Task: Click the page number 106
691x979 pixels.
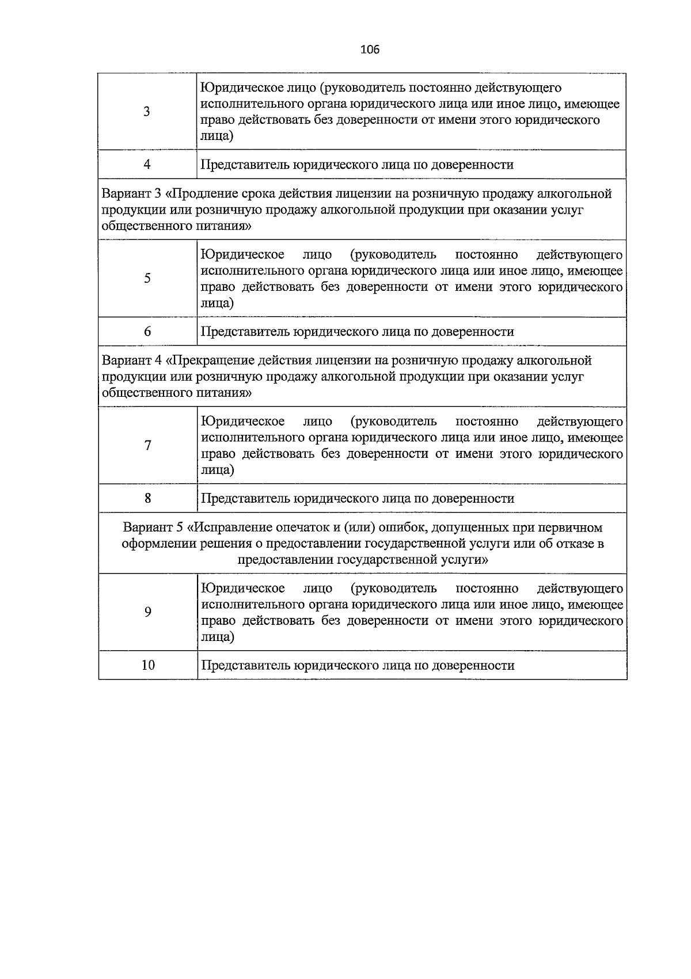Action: (370, 50)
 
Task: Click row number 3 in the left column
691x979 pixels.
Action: (147, 112)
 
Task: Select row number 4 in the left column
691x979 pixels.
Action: (147, 165)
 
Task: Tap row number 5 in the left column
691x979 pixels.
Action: (147, 279)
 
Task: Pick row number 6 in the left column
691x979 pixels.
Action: (147, 332)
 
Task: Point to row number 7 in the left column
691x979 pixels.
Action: (147, 446)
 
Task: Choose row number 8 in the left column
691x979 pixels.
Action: (147, 499)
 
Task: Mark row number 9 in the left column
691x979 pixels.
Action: (147, 612)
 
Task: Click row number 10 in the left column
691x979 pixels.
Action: (148, 665)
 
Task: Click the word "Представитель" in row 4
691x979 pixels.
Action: (244, 165)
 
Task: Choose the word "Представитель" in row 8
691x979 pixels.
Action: (244, 499)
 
